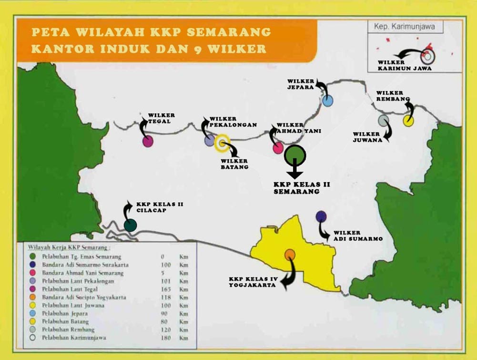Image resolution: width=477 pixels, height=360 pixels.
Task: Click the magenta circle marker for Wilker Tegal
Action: [148, 141]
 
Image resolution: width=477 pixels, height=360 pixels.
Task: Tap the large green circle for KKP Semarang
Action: [295, 155]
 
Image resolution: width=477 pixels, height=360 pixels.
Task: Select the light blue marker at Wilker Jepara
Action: [327, 101]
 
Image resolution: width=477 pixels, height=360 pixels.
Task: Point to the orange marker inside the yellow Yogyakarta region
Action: [290, 255]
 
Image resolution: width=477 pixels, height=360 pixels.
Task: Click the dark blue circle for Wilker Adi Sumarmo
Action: [321, 216]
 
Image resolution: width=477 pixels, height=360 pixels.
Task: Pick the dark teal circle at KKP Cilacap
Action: [130, 225]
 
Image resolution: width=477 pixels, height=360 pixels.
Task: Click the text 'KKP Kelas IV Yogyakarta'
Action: [253, 282]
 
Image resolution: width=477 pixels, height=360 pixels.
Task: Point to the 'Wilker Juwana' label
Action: [366, 137]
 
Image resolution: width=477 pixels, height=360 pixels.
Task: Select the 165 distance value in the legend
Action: [163, 289]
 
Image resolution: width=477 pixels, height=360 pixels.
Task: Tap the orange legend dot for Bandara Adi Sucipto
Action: [31, 298]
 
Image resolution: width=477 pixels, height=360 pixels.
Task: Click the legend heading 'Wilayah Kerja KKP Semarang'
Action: [68, 248]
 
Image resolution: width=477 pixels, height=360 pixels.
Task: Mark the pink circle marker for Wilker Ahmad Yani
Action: [278, 148]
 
